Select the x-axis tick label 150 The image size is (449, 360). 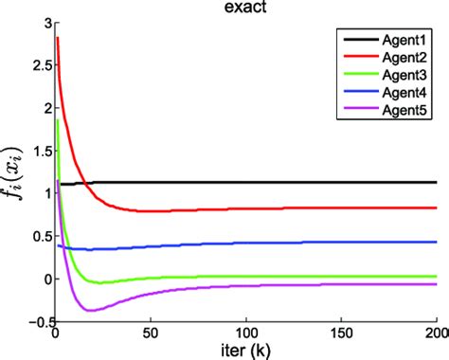[x=341, y=334]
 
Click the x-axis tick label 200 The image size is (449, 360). [x=435, y=334]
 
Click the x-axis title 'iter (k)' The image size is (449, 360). [x=245, y=351]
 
